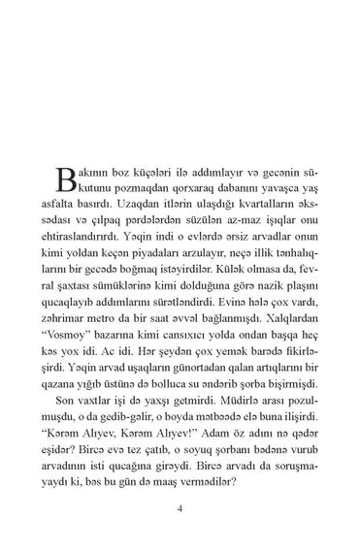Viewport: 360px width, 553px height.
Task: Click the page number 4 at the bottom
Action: (180, 509)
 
